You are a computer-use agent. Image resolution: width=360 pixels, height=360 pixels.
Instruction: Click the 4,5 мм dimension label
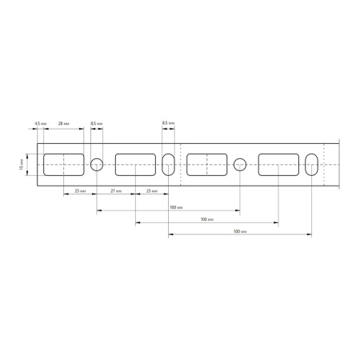click(x=39, y=124)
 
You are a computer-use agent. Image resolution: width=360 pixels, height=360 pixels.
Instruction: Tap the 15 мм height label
click(x=22, y=165)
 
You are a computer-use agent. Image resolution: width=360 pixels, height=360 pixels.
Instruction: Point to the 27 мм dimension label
click(x=115, y=193)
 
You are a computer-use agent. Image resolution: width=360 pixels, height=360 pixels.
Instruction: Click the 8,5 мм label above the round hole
click(x=97, y=124)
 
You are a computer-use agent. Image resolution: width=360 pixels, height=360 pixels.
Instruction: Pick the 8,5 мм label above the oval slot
click(x=168, y=122)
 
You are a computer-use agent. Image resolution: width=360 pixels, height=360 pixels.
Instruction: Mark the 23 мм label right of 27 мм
click(x=151, y=193)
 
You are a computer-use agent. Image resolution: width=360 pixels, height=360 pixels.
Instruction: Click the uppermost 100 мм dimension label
click(x=174, y=207)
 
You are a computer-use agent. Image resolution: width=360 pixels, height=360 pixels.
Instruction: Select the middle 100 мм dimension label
click(x=206, y=219)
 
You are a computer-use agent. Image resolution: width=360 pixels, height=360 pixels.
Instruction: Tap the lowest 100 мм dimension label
click(x=238, y=231)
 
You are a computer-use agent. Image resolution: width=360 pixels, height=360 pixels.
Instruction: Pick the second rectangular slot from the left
click(x=135, y=164)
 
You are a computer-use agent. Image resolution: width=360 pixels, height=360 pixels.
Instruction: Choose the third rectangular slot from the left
click(x=206, y=164)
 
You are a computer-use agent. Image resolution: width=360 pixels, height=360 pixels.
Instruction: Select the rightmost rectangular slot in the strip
click(x=278, y=164)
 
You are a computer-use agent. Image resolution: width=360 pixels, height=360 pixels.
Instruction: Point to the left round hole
click(x=97, y=164)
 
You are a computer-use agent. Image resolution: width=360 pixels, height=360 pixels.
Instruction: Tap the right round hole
click(x=239, y=164)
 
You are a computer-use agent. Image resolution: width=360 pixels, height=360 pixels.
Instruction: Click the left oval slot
click(x=168, y=164)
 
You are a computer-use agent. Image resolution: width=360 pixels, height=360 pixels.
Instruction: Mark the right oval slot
click(x=310, y=164)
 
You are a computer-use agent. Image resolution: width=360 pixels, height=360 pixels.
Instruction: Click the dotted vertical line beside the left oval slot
click(x=182, y=164)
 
